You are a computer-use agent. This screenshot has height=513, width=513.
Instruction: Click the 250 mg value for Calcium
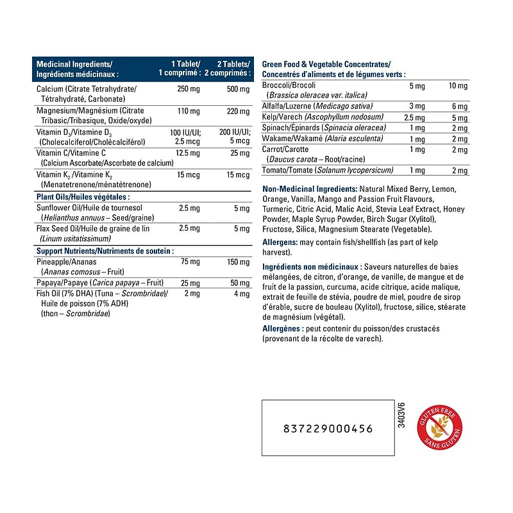pyautogui.click(x=188, y=88)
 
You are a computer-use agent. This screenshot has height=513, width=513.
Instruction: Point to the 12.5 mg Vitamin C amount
pyautogui.click(x=187, y=153)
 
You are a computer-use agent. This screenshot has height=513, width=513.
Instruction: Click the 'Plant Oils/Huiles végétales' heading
pyautogui.click(x=83, y=197)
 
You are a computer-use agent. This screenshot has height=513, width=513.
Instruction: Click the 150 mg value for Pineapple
pyautogui.click(x=238, y=262)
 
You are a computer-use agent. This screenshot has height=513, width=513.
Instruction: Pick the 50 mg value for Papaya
pyautogui.click(x=240, y=283)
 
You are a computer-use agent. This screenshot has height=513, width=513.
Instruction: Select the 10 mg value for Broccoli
pyautogui.click(x=458, y=85)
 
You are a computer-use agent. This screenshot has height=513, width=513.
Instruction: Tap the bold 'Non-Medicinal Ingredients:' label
pyautogui.click(x=310, y=189)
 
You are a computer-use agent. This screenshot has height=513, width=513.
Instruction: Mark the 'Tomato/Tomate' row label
pyautogui.click(x=287, y=170)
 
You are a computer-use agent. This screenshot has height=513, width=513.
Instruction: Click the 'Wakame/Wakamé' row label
pyautogui.click(x=293, y=139)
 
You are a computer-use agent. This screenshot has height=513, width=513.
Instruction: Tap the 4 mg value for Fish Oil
pyautogui.click(x=240, y=294)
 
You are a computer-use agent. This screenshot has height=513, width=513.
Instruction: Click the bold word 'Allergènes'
pyautogui.click(x=283, y=328)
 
